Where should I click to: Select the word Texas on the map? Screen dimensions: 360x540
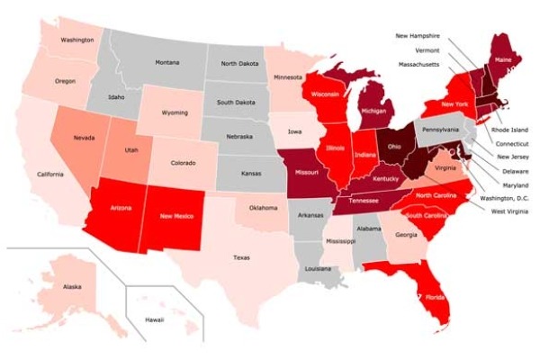pyautogui.click(x=241, y=257)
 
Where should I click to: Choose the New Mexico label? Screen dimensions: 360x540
pyautogui.click(x=178, y=216)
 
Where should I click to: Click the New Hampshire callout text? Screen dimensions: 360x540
pyautogui.click(x=419, y=35)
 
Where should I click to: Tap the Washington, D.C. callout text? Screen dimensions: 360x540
pyautogui.click(x=501, y=197)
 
